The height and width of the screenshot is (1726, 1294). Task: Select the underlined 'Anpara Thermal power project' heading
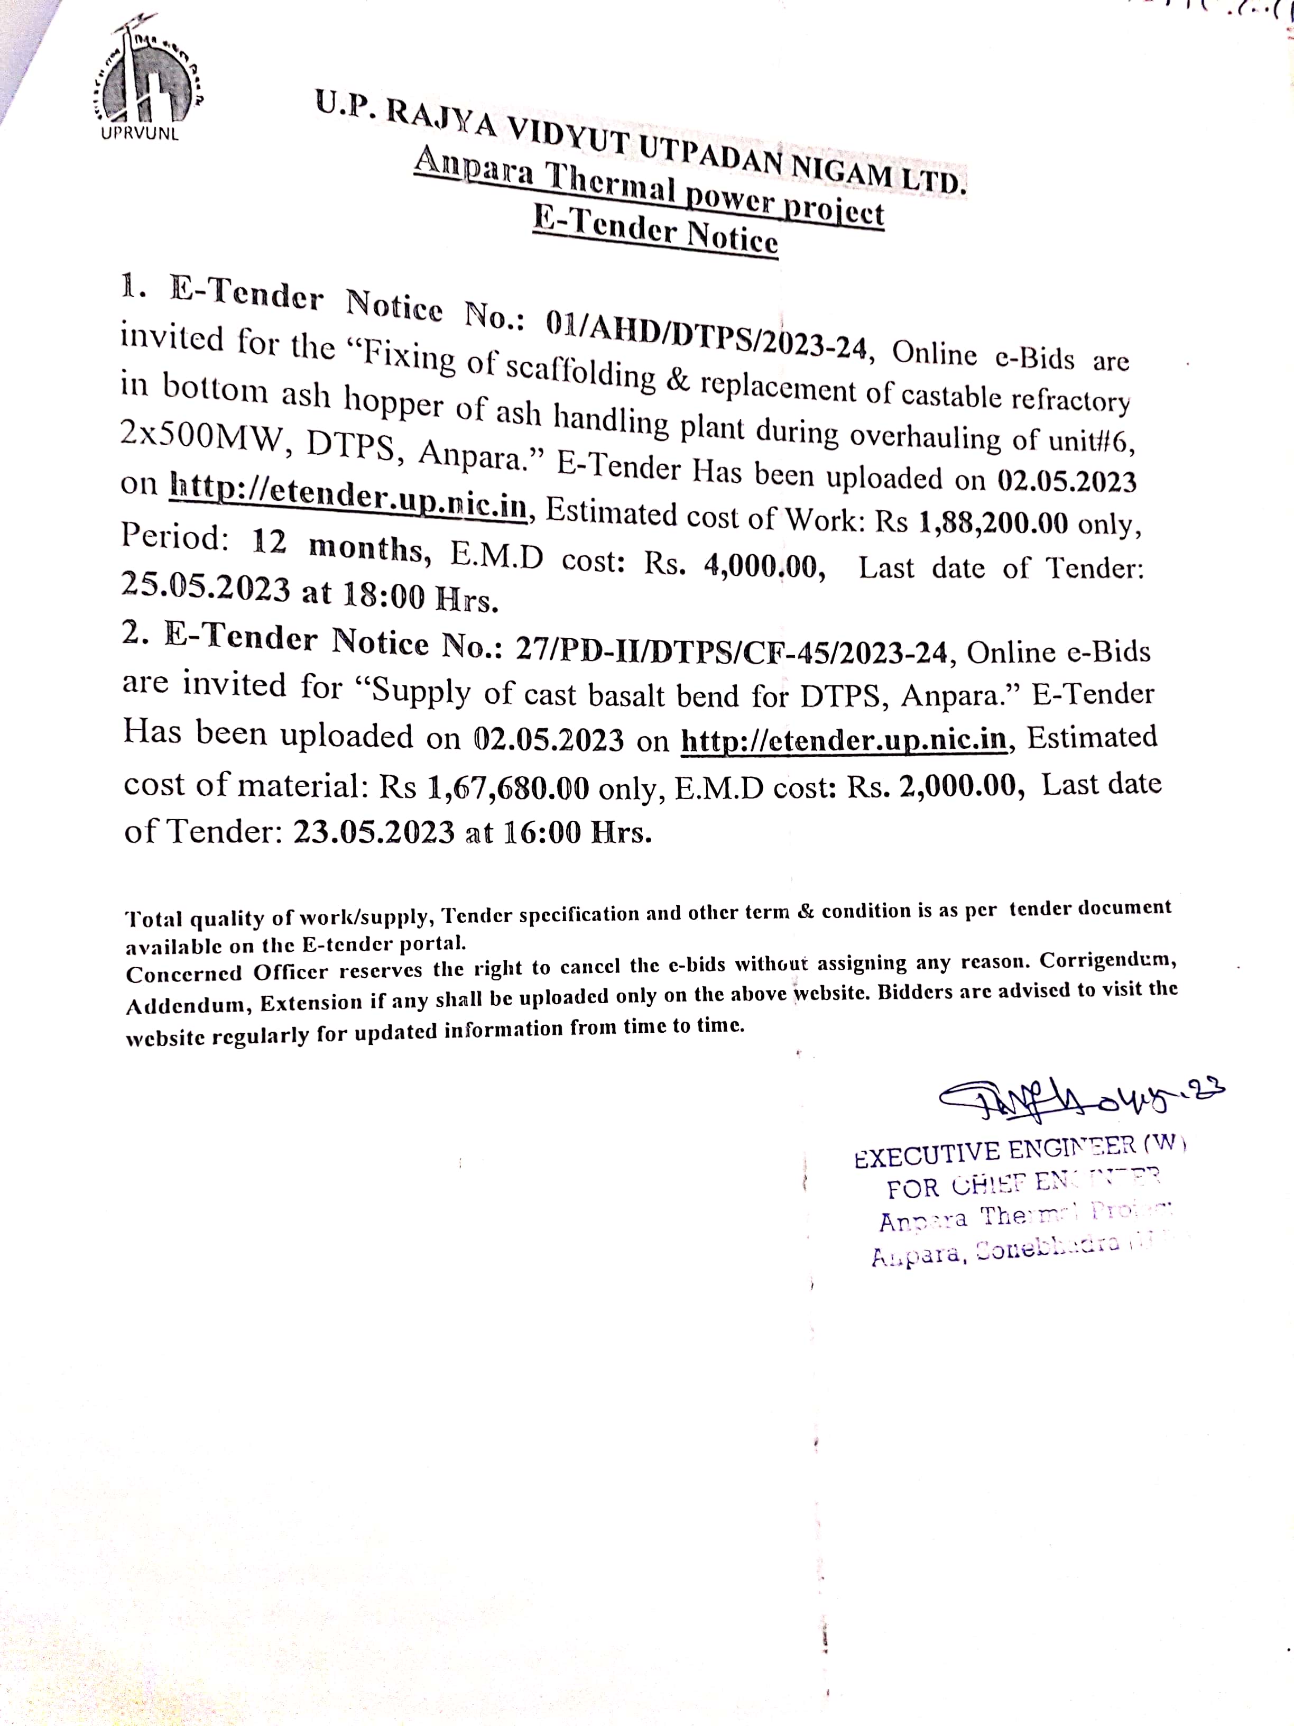click(x=649, y=187)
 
